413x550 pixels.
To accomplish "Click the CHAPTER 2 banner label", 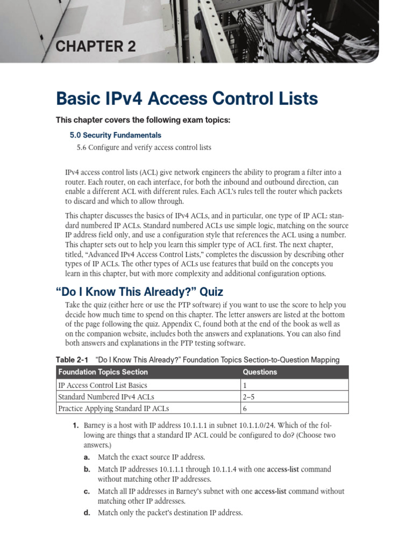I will pos(96,47).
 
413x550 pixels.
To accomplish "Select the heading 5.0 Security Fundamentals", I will pos(112,135).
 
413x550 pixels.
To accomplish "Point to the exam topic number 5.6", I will pos(81,147).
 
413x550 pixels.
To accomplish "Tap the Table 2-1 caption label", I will pos(73,359).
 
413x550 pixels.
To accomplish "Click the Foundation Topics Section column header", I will pos(103,372).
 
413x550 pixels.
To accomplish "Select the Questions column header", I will pos(260,372).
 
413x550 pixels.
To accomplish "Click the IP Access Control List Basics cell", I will pos(102,385).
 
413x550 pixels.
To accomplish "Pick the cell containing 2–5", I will pos(250,397).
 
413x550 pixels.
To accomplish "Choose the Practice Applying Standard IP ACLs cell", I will pos(113,409).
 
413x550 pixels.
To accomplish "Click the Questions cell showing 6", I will pos(245,409).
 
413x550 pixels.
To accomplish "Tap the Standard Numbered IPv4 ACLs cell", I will pos(105,397).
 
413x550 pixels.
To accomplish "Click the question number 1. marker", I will pos(76,425).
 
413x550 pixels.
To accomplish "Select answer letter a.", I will pos(86,457).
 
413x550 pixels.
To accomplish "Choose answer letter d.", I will pos(87,513).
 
